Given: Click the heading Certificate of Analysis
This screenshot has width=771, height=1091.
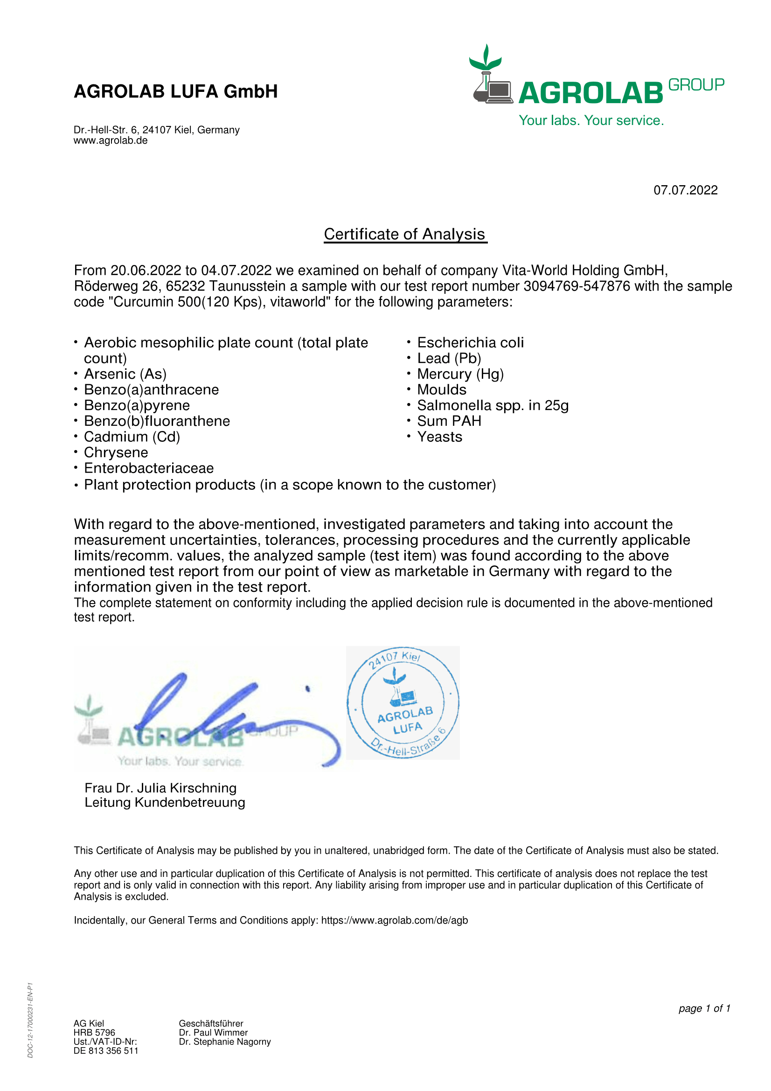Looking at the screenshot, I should click(x=405, y=234).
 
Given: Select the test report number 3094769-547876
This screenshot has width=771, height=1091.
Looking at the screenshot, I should click(x=577, y=286).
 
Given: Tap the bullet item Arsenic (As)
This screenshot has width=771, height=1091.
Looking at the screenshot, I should click(x=125, y=374).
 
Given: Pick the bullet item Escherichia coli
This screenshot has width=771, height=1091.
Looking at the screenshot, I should click(x=470, y=343).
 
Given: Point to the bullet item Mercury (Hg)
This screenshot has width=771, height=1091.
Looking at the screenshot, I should click(x=460, y=374).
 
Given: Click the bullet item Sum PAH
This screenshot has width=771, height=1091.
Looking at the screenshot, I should click(x=449, y=421).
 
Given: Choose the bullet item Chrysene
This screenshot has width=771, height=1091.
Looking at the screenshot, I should click(x=116, y=452).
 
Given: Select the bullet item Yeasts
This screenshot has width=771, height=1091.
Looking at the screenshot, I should click(x=439, y=437).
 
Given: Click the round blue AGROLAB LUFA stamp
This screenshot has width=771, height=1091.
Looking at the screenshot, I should click(x=403, y=702).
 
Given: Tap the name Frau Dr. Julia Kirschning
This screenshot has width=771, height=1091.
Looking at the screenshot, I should click(x=160, y=788).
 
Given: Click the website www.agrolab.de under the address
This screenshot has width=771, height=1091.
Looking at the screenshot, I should click(x=110, y=141).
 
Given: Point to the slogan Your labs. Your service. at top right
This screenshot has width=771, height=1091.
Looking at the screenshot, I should click(x=591, y=120).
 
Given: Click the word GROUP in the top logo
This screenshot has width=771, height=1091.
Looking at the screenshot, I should click(x=696, y=85).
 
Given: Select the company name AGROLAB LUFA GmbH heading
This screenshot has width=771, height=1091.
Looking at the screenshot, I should click(x=175, y=91).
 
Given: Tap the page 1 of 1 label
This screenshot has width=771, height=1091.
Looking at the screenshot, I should click(x=704, y=1008).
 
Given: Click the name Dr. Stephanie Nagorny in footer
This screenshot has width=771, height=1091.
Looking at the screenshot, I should click(x=225, y=1042).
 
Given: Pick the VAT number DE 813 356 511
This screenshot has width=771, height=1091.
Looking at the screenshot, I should click(x=106, y=1050).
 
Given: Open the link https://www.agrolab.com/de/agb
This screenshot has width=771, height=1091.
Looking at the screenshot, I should click(x=394, y=920).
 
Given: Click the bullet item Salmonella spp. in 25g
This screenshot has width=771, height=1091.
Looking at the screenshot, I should click(x=493, y=405).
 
